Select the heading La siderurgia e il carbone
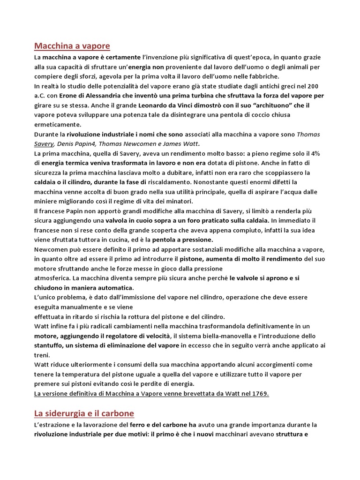pos(84,413)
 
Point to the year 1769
pos(259,393)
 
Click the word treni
pos(42,355)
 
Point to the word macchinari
pos(248,434)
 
